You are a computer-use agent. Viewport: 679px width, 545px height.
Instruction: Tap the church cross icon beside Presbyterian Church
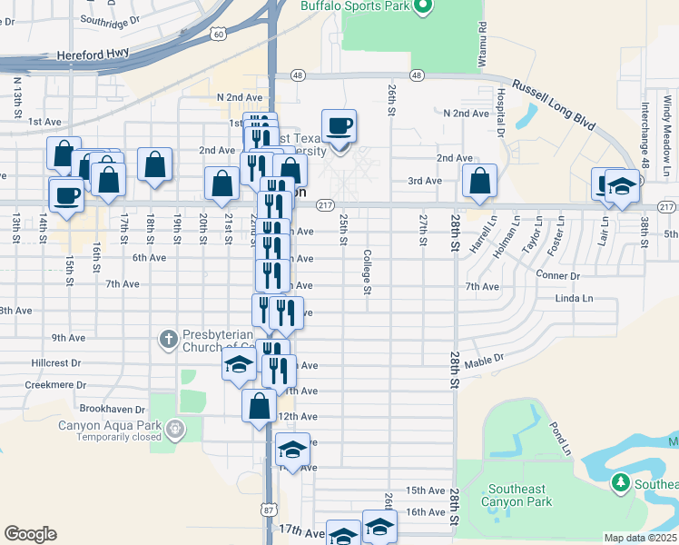pos(168,340)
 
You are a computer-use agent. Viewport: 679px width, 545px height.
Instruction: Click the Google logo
pos(30,534)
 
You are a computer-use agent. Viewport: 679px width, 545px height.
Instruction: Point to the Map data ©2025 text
pos(641,538)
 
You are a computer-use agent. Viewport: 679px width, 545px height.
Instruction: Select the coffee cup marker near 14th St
pos(67,194)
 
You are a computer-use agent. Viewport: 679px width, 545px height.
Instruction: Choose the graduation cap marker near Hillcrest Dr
pos(238,365)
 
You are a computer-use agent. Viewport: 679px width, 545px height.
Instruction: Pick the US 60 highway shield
pos(219,34)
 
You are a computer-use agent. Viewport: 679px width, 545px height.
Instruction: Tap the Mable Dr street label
pos(484,361)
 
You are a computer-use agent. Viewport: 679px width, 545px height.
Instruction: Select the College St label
pos(368,272)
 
